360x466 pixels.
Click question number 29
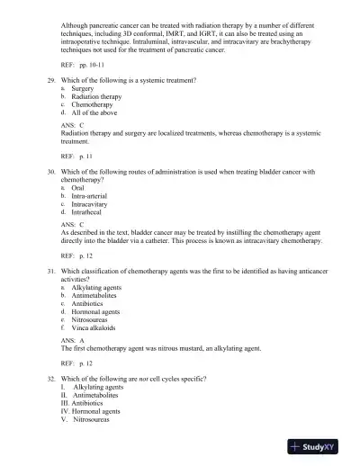(x=52, y=81)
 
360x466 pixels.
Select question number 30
(x=52, y=171)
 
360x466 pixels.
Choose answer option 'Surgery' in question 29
(x=84, y=89)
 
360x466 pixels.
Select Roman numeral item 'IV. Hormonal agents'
(x=94, y=410)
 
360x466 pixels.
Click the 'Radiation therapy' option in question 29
(x=96, y=97)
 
